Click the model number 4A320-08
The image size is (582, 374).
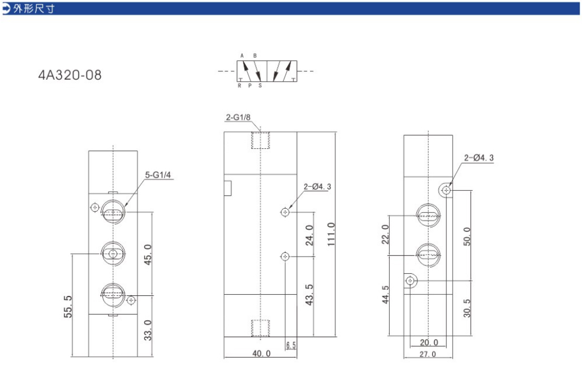pos(70,75)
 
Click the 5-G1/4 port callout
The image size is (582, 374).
pos(158,175)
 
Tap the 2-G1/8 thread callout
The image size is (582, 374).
pos(238,117)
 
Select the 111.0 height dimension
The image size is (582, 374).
pos(331,234)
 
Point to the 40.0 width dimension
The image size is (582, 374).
pos(261,353)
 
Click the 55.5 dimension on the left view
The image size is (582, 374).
pos(68,307)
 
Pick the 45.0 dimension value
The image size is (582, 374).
pos(148,255)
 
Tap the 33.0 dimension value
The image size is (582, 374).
pos(148,330)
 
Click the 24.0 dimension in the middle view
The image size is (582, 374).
pos(309,235)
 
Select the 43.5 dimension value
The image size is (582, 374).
pos(309,295)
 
